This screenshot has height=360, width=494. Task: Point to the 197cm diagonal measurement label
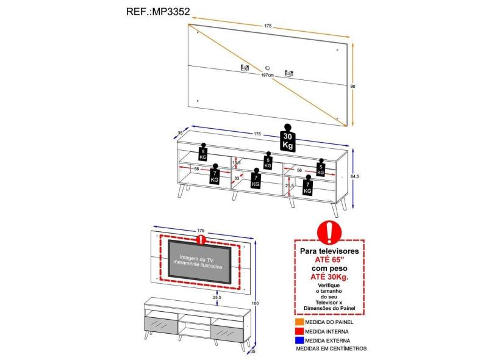point(266,75)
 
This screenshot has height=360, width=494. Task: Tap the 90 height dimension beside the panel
point(353,86)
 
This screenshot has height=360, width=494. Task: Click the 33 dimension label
point(236,178)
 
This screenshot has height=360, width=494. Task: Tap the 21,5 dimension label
point(289,185)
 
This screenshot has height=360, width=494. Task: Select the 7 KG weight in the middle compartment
point(256,179)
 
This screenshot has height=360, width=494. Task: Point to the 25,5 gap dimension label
point(217,298)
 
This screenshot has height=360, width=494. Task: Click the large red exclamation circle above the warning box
point(331,232)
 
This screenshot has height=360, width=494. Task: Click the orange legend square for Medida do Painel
point(299,322)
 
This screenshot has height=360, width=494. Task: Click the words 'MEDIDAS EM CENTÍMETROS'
point(331,349)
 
